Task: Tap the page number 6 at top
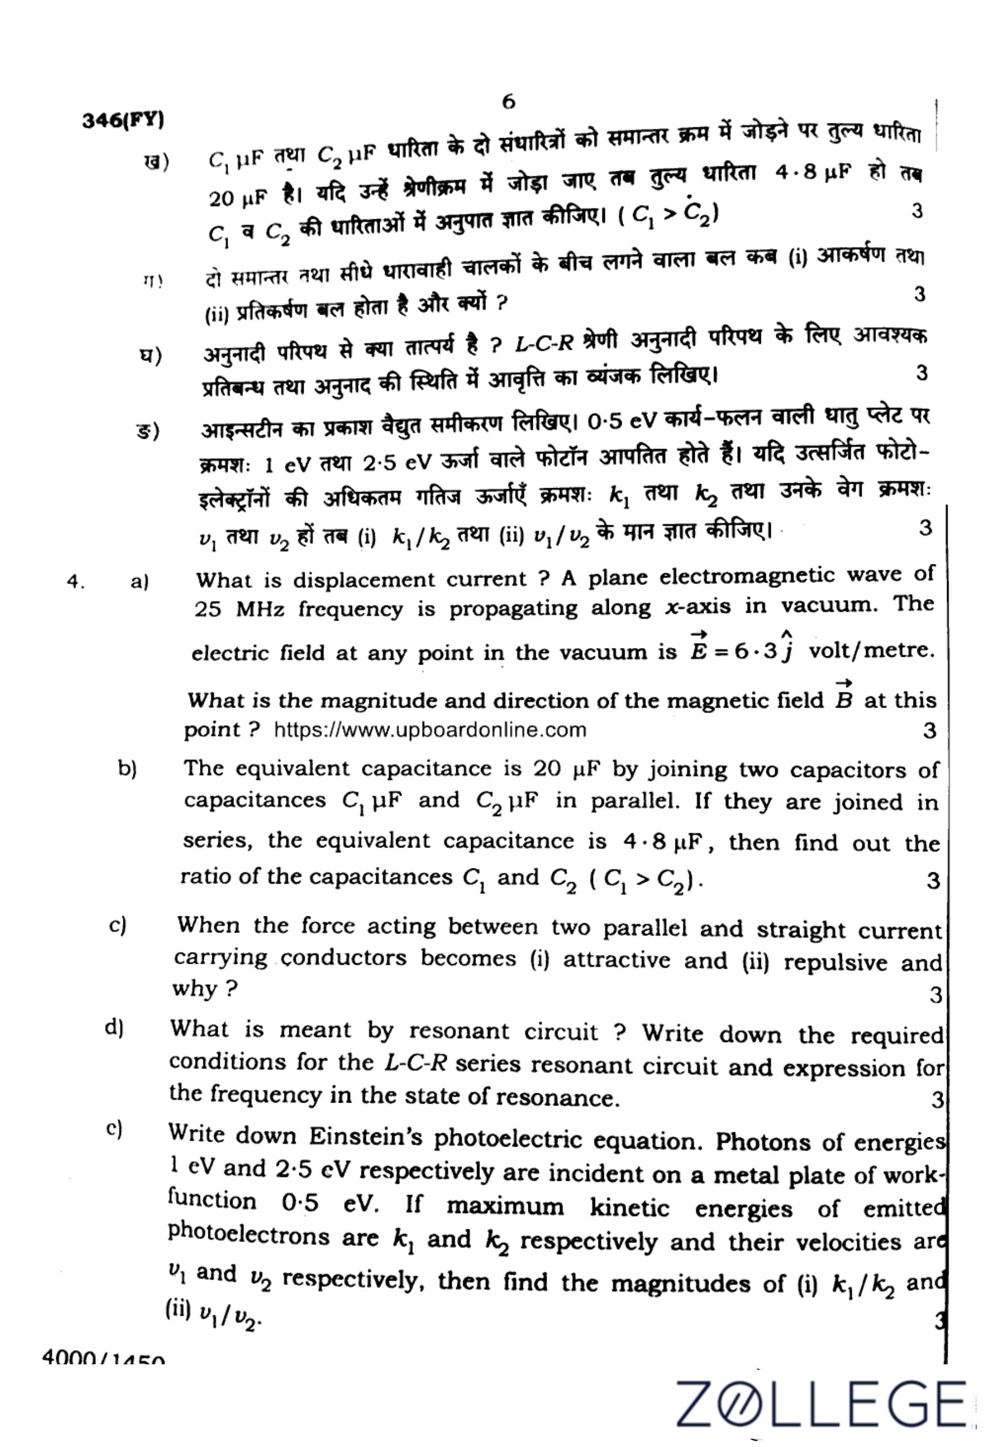[508, 101]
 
